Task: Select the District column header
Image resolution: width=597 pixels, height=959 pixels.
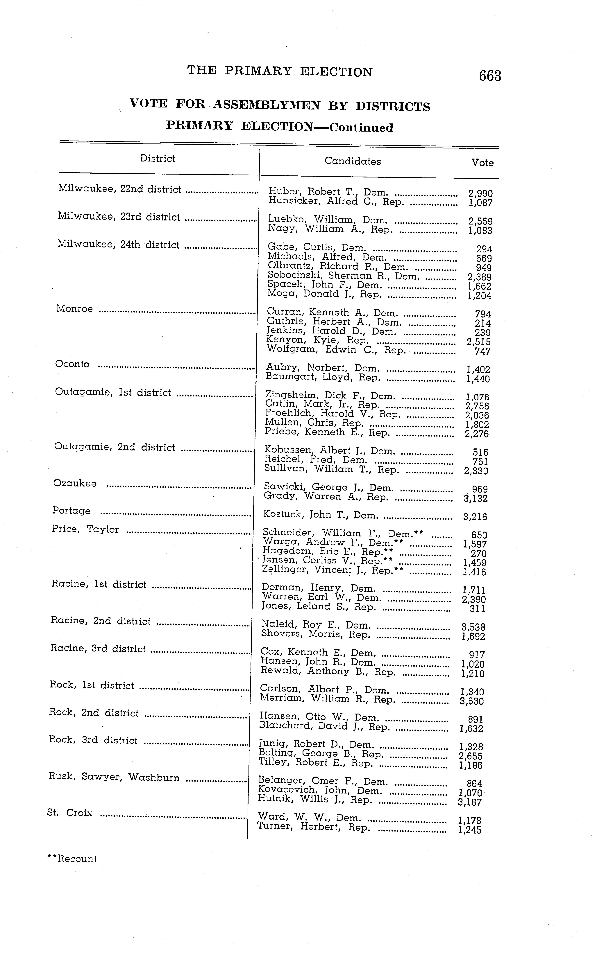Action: point(158,159)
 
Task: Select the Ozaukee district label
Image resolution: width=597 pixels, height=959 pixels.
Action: point(75,483)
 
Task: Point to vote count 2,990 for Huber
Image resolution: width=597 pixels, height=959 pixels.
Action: point(480,193)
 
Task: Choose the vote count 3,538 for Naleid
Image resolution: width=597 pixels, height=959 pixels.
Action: point(473,627)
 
